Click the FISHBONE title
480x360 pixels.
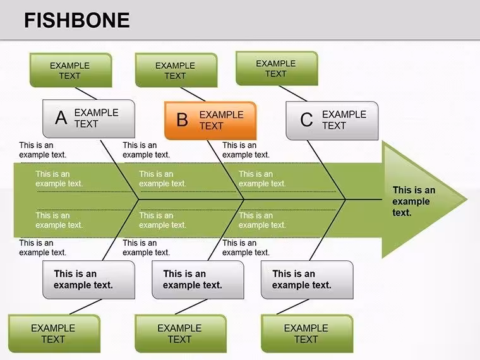tap(77, 20)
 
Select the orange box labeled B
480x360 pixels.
tap(210, 121)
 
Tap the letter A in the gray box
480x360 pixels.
tap(61, 118)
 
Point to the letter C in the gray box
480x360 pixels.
tap(306, 120)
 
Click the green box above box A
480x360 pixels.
tap(71, 70)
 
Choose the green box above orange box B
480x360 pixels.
tap(176, 70)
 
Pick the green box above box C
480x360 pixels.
tap(277, 68)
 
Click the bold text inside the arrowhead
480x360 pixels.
tap(414, 201)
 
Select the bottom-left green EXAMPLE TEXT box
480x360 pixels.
tap(54, 333)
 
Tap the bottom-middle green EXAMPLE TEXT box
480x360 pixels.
tap(181, 333)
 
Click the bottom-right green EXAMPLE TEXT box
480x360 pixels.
tap(307, 333)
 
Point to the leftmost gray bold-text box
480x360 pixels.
tap(89, 280)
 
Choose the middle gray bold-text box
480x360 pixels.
tap(198, 280)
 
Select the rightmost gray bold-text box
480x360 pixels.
tap(307, 280)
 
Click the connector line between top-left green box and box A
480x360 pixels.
tap(86, 93)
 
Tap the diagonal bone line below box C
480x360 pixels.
tap(327, 170)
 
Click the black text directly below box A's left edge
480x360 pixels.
tap(42, 150)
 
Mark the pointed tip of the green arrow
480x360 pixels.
tap(467, 200)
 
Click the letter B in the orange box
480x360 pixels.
tap(182, 120)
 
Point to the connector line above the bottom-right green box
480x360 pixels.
tap(293, 307)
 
